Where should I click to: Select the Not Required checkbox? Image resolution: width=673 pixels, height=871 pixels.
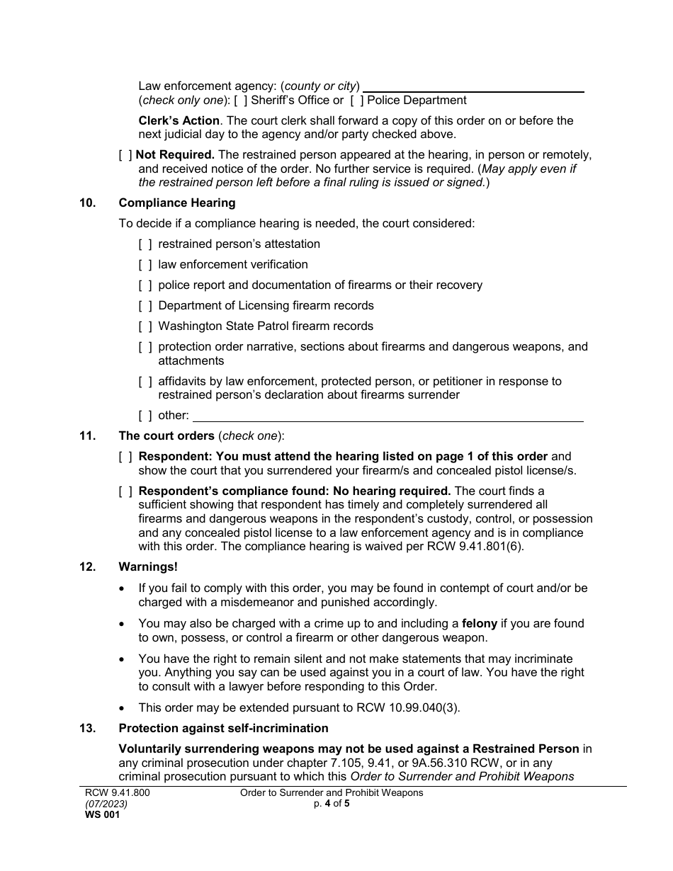pyautogui.click(x=125, y=154)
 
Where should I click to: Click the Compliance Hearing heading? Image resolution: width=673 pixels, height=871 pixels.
pyautogui.click(x=177, y=203)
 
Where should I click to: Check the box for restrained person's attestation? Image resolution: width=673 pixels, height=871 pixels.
pyautogui.click(x=145, y=244)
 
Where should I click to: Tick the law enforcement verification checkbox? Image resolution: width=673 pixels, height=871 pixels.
pyautogui.click(x=145, y=265)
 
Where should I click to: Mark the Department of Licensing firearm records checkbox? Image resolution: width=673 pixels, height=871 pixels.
pyautogui.click(x=145, y=306)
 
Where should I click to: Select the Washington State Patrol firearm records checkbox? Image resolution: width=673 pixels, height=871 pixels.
pyautogui.click(x=145, y=326)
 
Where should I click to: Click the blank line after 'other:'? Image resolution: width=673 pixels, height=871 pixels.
pyautogui.click(x=388, y=417)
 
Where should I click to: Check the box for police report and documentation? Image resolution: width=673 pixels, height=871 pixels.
pyautogui.click(x=145, y=285)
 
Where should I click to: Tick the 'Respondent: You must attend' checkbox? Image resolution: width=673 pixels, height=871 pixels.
pyautogui.click(x=125, y=457)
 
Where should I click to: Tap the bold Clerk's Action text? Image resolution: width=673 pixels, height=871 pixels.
pyautogui.click(x=179, y=120)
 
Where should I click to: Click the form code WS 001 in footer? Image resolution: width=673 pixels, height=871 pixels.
pyautogui.click(x=103, y=815)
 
